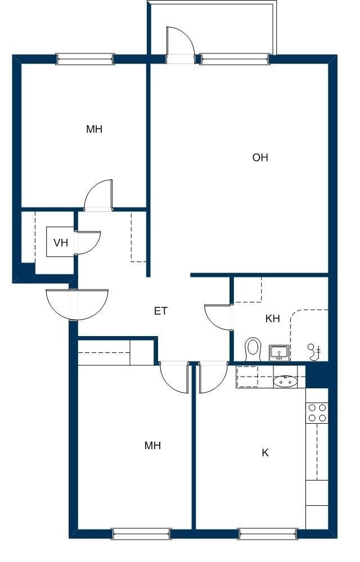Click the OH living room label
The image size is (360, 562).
tap(260, 157)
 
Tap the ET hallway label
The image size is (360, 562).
tap(161, 311)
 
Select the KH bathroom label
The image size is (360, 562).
tap(272, 318)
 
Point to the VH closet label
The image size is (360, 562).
tap(61, 243)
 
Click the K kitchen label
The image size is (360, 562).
tap(265, 452)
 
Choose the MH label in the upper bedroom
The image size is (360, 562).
tap(94, 129)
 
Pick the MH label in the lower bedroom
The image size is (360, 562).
tap(152, 446)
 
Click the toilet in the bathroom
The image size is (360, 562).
tap(253, 349)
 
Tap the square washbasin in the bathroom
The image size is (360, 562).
tap(280, 353)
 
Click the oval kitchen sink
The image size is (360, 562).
tap(285, 382)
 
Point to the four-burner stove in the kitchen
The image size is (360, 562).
tap(318, 413)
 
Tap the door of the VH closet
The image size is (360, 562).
tap(88, 243)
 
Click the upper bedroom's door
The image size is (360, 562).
tap(98, 194)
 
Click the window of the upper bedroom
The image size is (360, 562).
tap(85, 59)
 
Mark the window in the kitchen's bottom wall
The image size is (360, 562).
tap(268, 534)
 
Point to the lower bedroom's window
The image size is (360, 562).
tap(142, 534)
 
